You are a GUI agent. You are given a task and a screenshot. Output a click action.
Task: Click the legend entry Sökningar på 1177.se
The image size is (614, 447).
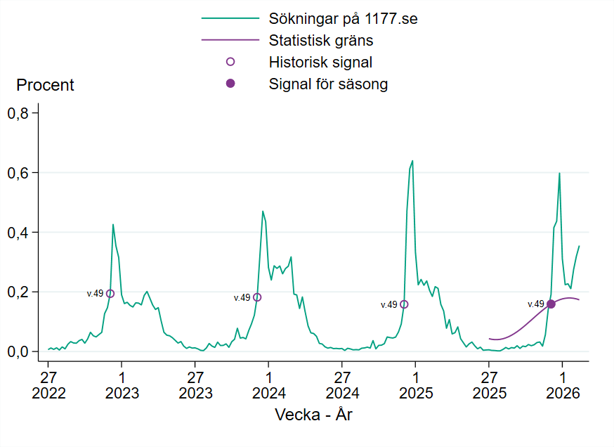pyautogui.click(x=343, y=18)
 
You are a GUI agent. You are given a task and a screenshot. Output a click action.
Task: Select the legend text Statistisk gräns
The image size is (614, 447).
pyautogui.click(x=320, y=40)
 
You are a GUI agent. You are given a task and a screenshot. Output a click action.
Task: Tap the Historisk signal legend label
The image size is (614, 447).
pyautogui.click(x=320, y=62)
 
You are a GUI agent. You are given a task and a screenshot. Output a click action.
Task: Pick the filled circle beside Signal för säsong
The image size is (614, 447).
pyautogui.click(x=230, y=84)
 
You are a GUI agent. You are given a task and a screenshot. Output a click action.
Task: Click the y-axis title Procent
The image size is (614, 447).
pyautogui.click(x=45, y=86)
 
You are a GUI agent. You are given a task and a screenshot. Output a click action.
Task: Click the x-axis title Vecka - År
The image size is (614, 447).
pyautogui.click(x=313, y=415)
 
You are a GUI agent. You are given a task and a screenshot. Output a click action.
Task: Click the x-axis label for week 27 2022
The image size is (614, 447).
pyautogui.click(x=48, y=384)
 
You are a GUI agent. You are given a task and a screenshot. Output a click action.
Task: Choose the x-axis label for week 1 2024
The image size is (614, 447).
pyautogui.click(x=269, y=384)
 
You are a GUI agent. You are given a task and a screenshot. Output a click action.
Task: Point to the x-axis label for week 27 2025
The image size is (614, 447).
pyautogui.click(x=489, y=384)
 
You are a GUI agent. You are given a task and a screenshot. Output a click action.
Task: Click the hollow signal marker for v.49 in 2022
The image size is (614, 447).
pyautogui.click(x=110, y=294)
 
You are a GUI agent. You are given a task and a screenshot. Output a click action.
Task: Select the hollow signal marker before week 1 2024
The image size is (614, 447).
pyautogui.click(x=257, y=297)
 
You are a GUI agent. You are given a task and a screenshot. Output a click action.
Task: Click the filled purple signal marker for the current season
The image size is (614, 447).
pyautogui.click(x=551, y=304)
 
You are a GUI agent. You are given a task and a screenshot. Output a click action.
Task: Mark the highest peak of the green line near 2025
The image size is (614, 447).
pyautogui.click(x=412, y=161)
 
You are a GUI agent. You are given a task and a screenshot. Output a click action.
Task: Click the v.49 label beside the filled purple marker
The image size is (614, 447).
pyautogui.click(x=536, y=304)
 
